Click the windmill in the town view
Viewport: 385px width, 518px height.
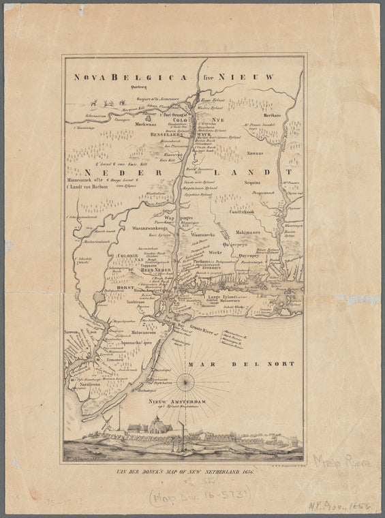click(107, 423)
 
